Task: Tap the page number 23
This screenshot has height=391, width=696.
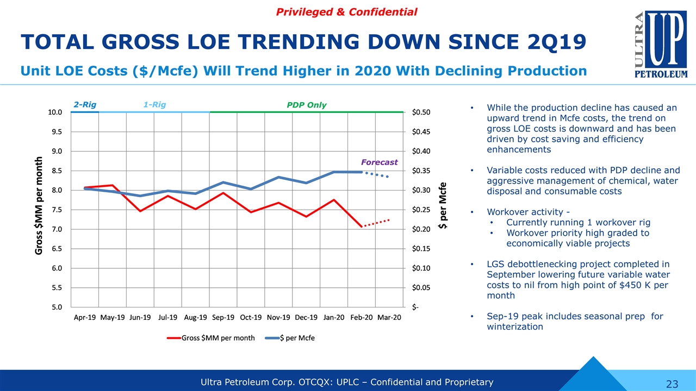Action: [x=672, y=384]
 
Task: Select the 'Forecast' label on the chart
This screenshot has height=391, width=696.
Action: [x=379, y=162]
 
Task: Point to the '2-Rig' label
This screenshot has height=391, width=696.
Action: [x=84, y=105]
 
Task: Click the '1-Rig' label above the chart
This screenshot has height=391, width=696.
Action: [x=155, y=105]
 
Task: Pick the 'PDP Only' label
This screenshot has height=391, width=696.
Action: [x=306, y=105]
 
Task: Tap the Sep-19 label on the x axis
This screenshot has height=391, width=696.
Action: [x=223, y=317]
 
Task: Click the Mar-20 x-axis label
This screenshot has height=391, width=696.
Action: [x=389, y=317]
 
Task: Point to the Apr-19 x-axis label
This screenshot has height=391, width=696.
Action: [x=85, y=317]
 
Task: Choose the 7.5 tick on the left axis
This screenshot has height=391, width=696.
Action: [x=57, y=210]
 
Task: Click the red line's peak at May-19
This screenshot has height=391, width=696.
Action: [x=112, y=185]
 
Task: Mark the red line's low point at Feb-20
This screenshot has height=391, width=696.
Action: [x=362, y=226]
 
